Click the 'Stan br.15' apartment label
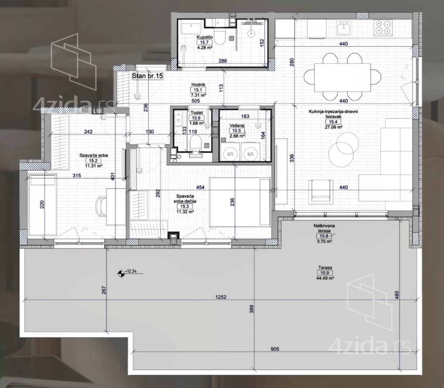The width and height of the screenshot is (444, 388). pos(148,76)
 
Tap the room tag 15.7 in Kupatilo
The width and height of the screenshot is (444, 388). pos(204,42)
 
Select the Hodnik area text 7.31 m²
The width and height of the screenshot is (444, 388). pos(198,95)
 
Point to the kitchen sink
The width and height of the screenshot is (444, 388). pos(344,28)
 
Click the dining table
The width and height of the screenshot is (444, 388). pos(343,77)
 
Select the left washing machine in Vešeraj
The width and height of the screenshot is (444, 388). pos(230,154)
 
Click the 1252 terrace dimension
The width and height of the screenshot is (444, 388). pos(221,297)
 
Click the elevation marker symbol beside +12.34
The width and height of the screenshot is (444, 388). pos(121,273)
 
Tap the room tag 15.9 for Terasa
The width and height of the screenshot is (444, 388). pos(325,273)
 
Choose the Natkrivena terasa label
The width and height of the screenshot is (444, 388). pos(324,228)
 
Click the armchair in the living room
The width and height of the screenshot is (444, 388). pos(321,191)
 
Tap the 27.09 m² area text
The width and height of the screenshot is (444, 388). pos(333,127)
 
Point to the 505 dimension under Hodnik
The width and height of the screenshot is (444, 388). pos(195,101)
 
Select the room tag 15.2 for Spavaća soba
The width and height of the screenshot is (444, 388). pos(93,161)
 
